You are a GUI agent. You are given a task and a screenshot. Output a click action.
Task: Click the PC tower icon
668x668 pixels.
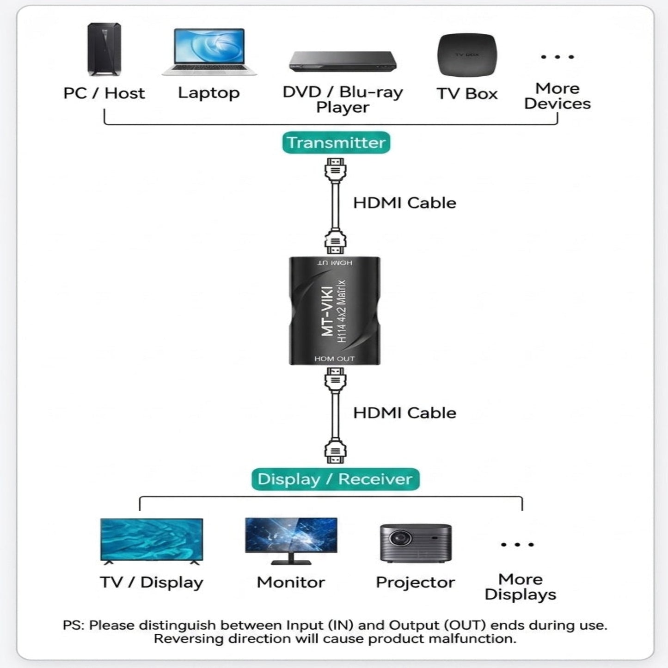(x=104, y=49)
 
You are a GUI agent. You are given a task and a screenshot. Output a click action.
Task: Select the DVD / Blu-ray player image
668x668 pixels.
(x=343, y=61)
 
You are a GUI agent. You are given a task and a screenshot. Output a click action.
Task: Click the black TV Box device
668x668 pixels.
(x=467, y=55)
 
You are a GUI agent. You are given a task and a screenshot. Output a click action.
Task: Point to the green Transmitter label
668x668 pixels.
(x=336, y=142)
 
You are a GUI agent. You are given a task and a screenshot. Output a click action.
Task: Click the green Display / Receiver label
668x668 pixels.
(x=335, y=479)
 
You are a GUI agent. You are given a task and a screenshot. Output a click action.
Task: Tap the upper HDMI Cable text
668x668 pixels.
(x=404, y=203)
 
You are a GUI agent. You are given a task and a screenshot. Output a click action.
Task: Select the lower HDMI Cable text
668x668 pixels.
(x=404, y=413)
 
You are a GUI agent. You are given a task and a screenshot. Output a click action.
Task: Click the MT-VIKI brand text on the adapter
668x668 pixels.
(x=327, y=311)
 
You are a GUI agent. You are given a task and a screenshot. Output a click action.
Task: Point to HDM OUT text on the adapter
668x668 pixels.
(x=334, y=359)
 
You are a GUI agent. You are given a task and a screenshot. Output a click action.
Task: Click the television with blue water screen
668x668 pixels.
(x=152, y=540)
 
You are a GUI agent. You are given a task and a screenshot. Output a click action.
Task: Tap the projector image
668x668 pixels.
(x=415, y=543)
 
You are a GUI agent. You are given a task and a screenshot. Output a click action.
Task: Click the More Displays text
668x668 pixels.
(x=520, y=587)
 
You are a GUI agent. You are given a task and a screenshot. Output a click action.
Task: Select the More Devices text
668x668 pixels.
(x=557, y=96)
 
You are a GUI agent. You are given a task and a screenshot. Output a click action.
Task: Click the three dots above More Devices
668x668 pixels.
(x=557, y=57)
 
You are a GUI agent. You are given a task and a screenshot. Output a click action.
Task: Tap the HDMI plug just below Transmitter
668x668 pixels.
(x=335, y=169)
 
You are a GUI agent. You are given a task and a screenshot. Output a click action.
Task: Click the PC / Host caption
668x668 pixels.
(x=104, y=93)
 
